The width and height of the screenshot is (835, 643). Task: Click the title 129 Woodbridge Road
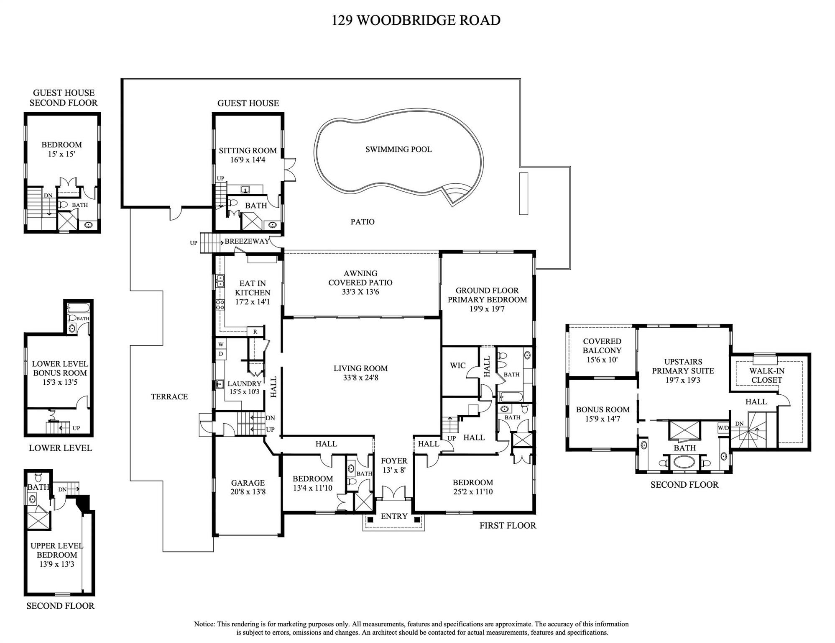(416, 20)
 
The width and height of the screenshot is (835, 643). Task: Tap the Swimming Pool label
(398, 149)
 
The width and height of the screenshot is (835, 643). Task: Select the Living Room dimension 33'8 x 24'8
(360, 378)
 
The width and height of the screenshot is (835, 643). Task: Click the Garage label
(248, 483)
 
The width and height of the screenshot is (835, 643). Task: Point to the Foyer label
(393, 461)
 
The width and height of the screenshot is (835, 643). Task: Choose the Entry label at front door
(394, 516)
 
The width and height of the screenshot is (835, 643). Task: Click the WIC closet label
(457, 365)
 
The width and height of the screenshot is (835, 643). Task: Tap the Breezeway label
(247, 242)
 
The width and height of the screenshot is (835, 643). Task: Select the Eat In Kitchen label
(253, 288)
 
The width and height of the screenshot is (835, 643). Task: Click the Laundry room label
(244, 383)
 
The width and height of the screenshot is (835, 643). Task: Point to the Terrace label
(169, 396)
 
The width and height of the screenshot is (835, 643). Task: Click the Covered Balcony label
(602, 346)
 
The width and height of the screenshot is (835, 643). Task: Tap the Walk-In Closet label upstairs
(766, 376)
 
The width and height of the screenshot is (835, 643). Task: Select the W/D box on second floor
(723, 428)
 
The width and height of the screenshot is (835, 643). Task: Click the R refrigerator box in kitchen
(255, 332)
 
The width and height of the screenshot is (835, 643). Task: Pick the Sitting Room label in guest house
(248, 151)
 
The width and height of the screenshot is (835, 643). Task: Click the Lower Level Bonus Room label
(60, 368)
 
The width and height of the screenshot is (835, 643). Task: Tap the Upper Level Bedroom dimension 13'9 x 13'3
(56, 564)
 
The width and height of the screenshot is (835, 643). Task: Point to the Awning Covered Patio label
(360, 278)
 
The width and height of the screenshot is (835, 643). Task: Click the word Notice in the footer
(204, 624)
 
